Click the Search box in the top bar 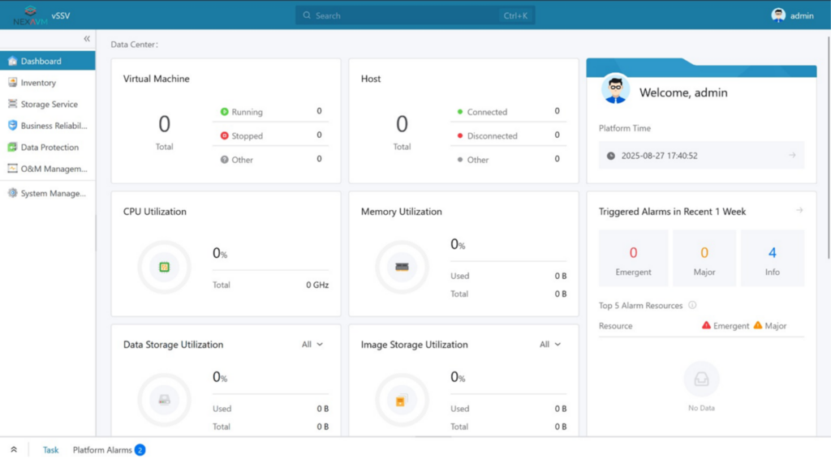(414, 15)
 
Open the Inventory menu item (38, 83)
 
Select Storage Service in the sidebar (49, 105)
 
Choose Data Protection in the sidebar (50, 148)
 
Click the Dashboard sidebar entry (41, 61)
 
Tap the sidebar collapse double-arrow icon (87, 39)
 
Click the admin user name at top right (801, 15)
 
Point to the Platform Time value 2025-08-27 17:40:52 (659, 156)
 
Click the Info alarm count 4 (772, 253)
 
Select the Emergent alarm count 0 (633, 253)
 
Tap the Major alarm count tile (704, 258)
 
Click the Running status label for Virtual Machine (247, 112)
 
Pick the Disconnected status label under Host (492, 136)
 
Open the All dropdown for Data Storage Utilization (312, 345)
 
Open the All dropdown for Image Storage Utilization (550, 345)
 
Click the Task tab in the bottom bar (50, 450)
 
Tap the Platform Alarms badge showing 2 (140, 450)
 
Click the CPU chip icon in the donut (164, 267)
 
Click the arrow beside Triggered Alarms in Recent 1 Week (799, 211)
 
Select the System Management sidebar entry (53, 194)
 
